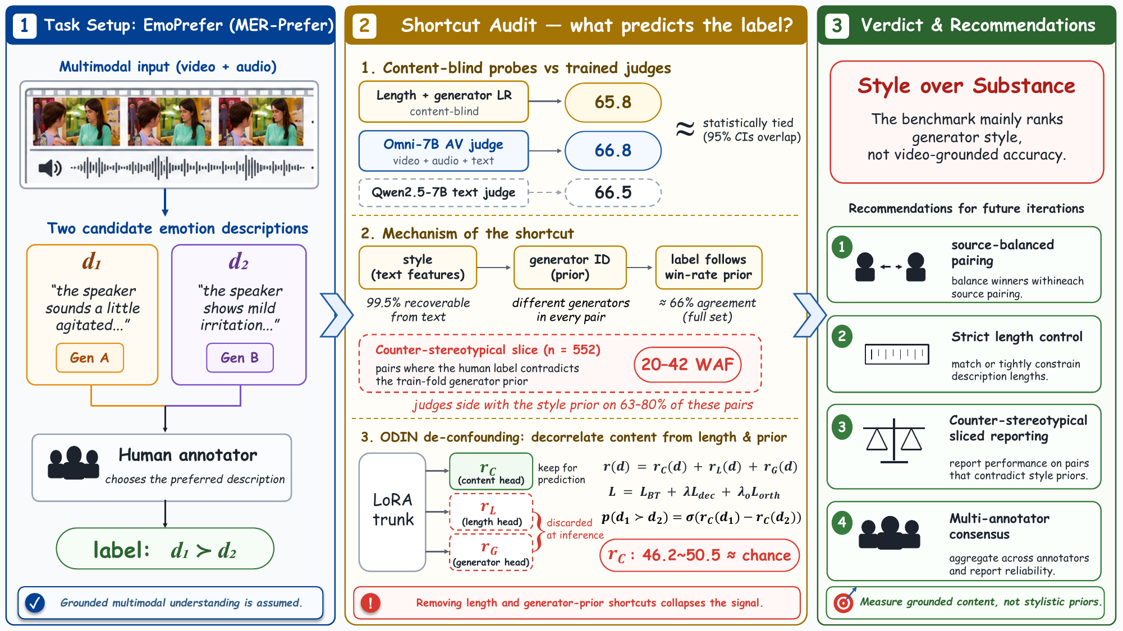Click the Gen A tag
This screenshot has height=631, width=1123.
click(90, 358)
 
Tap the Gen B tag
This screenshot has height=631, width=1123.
click(240, 358)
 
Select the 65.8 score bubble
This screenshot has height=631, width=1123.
click(613, 102)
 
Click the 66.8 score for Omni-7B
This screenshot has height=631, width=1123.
click(613, 150)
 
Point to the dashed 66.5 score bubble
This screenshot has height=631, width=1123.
click(613, 192)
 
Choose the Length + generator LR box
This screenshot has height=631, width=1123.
click(443, 102)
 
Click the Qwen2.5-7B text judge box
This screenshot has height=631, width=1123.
click(443, 192)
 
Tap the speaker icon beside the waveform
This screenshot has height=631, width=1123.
click(50, 168)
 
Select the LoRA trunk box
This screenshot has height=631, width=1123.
click(392, 512)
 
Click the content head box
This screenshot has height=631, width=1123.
click(491, 472)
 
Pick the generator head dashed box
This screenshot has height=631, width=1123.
click(491, 552)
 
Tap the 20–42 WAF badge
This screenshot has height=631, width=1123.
click(687, 365)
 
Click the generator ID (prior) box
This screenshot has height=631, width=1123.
click(570, 267)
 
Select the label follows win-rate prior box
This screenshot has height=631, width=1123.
click(709, 267)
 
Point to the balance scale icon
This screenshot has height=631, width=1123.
click(894, 441)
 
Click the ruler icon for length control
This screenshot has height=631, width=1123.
click(897, 354)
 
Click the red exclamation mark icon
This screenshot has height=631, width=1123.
click(370, 603)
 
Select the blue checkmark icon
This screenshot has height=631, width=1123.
click(35, 603)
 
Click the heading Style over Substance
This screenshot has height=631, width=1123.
click(966, 86)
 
